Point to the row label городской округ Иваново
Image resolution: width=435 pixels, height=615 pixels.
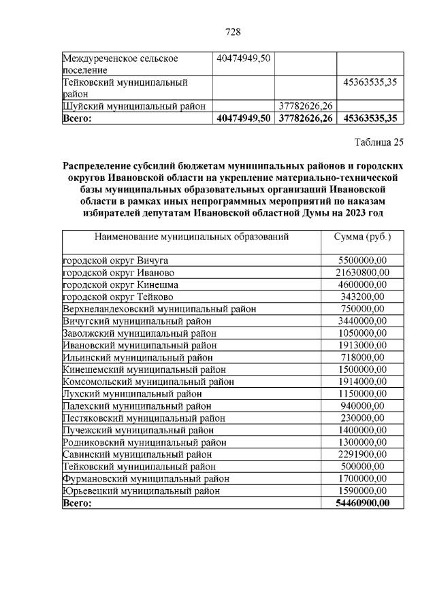tap(117, 272)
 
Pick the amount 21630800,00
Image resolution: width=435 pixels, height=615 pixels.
tap(362, 272)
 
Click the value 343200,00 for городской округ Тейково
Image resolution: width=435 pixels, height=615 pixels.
tap(362, 297)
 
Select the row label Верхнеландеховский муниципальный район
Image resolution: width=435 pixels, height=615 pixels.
tap(159, 309)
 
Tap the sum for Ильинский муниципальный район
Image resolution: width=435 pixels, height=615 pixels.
tap(362, 357)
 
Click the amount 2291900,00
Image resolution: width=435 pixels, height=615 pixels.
tap(362, 454)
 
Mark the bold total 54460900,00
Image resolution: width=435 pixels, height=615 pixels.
tap(362, 503)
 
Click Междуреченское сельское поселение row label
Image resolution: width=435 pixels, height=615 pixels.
tap(120, 64)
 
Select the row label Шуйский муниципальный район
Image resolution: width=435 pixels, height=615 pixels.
tap(133, 105)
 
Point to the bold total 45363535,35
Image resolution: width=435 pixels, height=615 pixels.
tap(370, 118)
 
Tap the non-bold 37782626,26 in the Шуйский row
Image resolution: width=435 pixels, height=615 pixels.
tap(305, 105)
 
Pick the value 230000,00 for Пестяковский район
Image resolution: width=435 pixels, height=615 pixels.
tap(362, 418)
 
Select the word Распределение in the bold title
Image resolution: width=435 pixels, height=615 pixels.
tap(96, 165)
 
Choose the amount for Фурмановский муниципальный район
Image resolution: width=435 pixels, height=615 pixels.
tap(362, 479)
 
